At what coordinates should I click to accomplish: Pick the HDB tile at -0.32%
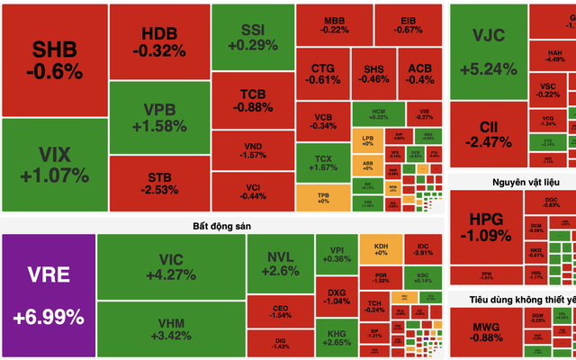[159, 41]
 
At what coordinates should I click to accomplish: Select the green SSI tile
[253, 36]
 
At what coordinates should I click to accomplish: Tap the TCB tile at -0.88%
[253, 100]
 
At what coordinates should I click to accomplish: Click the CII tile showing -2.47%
[489, 133]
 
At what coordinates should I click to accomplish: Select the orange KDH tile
[381, 248]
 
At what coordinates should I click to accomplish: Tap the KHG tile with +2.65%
[336, 335]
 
